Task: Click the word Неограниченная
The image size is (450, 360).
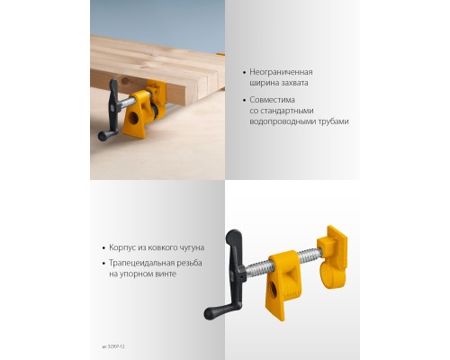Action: point(282,71)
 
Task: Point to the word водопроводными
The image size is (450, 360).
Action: point(281,121)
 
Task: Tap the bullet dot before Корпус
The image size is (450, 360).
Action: point(104,246)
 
